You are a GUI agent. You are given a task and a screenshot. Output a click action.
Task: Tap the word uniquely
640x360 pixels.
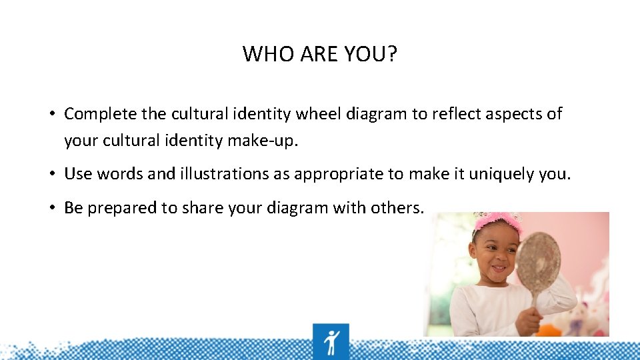[501, 175]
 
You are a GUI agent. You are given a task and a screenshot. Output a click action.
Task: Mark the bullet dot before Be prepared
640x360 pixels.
[51, 208]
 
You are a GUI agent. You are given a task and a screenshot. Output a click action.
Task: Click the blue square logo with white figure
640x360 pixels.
[331, 341]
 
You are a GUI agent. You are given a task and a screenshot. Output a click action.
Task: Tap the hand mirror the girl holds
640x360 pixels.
[538, 263]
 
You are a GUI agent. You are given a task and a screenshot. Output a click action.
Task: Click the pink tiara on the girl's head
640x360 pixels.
[499, 221]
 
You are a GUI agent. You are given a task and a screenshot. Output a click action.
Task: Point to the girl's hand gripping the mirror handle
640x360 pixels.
[529, 319]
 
